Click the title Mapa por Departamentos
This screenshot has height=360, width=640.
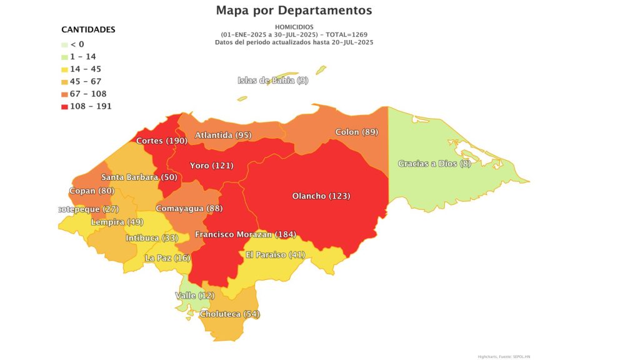pyautogui.click(x=294, y=11)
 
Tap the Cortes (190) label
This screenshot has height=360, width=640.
pyautogui.click(x=161, y=141)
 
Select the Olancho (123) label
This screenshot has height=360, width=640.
pyautogui.click(x=321, y=196)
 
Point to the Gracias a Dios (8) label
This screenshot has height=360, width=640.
pyautogui.click(x=434, y=164)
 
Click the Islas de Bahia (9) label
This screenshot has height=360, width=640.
pyautogui.click(x=272, y=80)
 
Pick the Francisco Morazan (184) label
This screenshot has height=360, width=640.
pyautogui.click(x=244, y=234)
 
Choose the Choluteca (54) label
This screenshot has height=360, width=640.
pyautogui.click(x=229, y=314)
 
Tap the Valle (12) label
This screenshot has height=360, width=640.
pyautogui.click(x=194, y=295)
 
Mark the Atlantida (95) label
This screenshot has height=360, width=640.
pyautogui.click(x=223, y=135)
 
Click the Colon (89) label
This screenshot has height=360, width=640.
pyautogui.click(x=356, y=132)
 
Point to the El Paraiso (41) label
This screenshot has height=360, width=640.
pyautogui.click(x=274, y=254)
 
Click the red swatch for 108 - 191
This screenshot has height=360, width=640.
pyautogui.click(x=64, y=106)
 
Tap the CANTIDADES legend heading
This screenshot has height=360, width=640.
pyautogui.click(x=88, y=29)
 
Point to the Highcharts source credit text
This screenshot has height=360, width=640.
pyautogui.click(x=504, y=356)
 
